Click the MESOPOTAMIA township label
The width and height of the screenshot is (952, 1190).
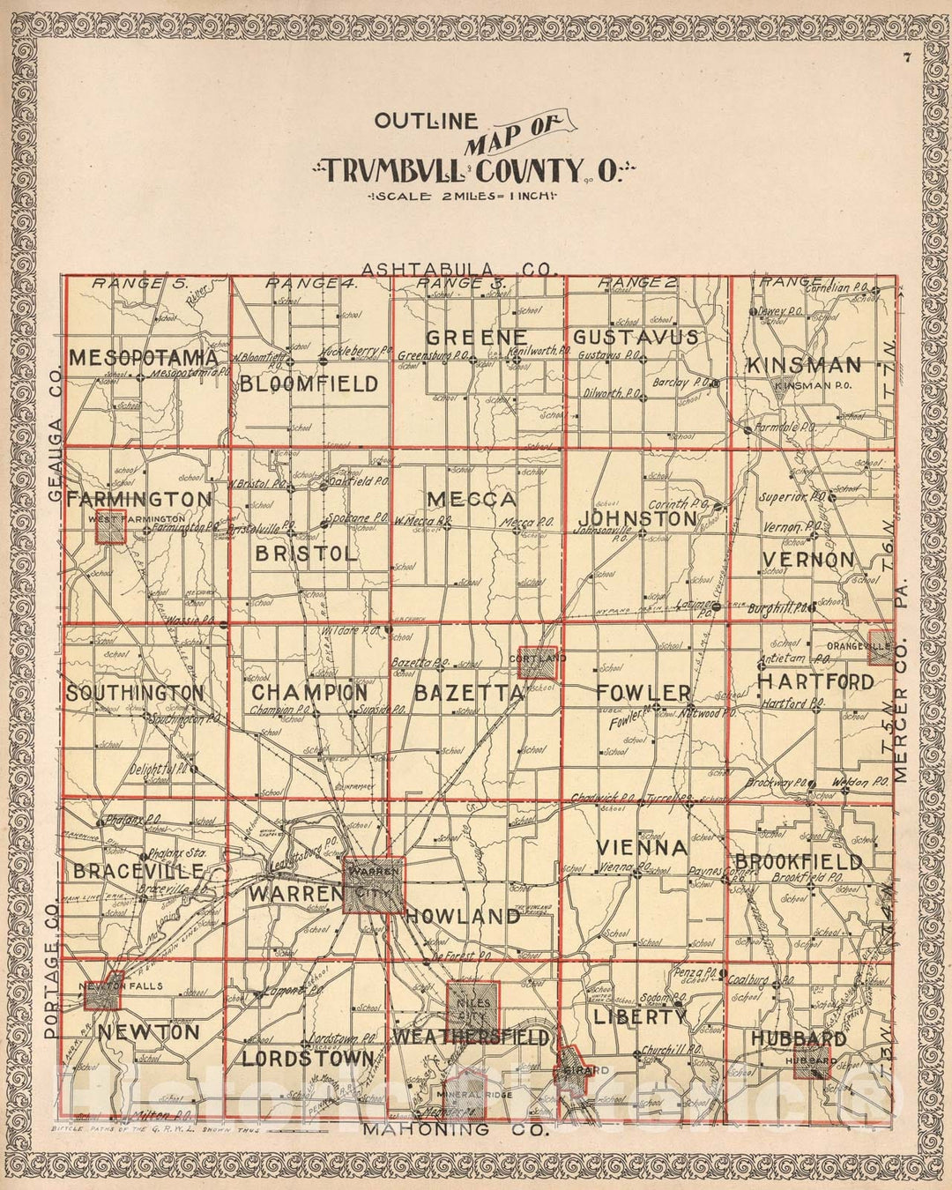[143, 358]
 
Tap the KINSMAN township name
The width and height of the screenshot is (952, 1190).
[803, 366]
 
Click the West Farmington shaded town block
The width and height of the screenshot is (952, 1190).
[110, 526]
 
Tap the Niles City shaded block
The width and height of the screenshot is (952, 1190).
[474, 1006]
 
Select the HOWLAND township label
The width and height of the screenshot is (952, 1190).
[463, 917]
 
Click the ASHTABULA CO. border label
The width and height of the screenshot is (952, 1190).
[459, 269]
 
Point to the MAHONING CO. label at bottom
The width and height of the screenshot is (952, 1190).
[455, 1129]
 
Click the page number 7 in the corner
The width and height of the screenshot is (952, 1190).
[906, 59]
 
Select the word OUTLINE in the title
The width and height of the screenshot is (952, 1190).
[426, 123]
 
